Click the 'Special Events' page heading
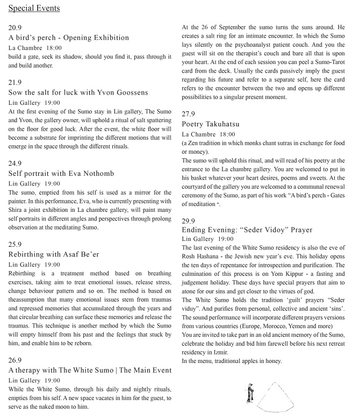34,8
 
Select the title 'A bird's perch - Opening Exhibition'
69,37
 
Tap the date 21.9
16,82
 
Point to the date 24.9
16,163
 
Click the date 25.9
16,245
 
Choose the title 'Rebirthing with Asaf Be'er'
54,255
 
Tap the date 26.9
16,360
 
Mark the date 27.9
188,114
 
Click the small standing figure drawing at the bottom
249,393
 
